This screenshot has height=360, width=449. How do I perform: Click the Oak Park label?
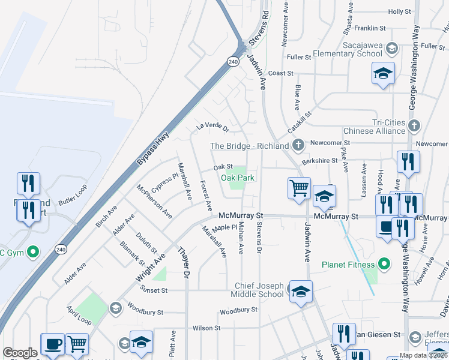tap(238, 178)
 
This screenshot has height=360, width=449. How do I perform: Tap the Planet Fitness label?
tap(348, 264)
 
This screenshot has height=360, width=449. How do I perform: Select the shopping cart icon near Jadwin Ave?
tap(299, 188)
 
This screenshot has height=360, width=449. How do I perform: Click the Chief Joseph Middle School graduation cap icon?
tap(301, 292)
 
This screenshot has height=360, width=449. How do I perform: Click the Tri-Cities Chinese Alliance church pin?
tap(414, 126)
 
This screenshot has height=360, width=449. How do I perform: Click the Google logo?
tap(20, 353)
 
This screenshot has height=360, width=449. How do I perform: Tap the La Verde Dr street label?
tap(213, 127)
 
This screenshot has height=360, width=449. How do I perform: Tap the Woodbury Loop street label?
tap(238, 310)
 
